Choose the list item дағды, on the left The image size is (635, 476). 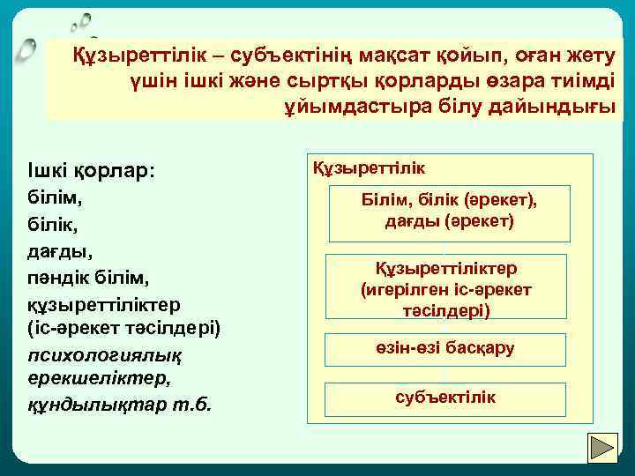click(56, 251)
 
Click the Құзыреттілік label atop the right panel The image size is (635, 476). click(370, 167)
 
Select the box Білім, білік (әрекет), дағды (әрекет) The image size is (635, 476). click(449, 212)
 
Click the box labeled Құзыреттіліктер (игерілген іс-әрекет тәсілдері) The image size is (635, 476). click(446, 289)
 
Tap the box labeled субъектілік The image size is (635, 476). click(446, 398)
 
